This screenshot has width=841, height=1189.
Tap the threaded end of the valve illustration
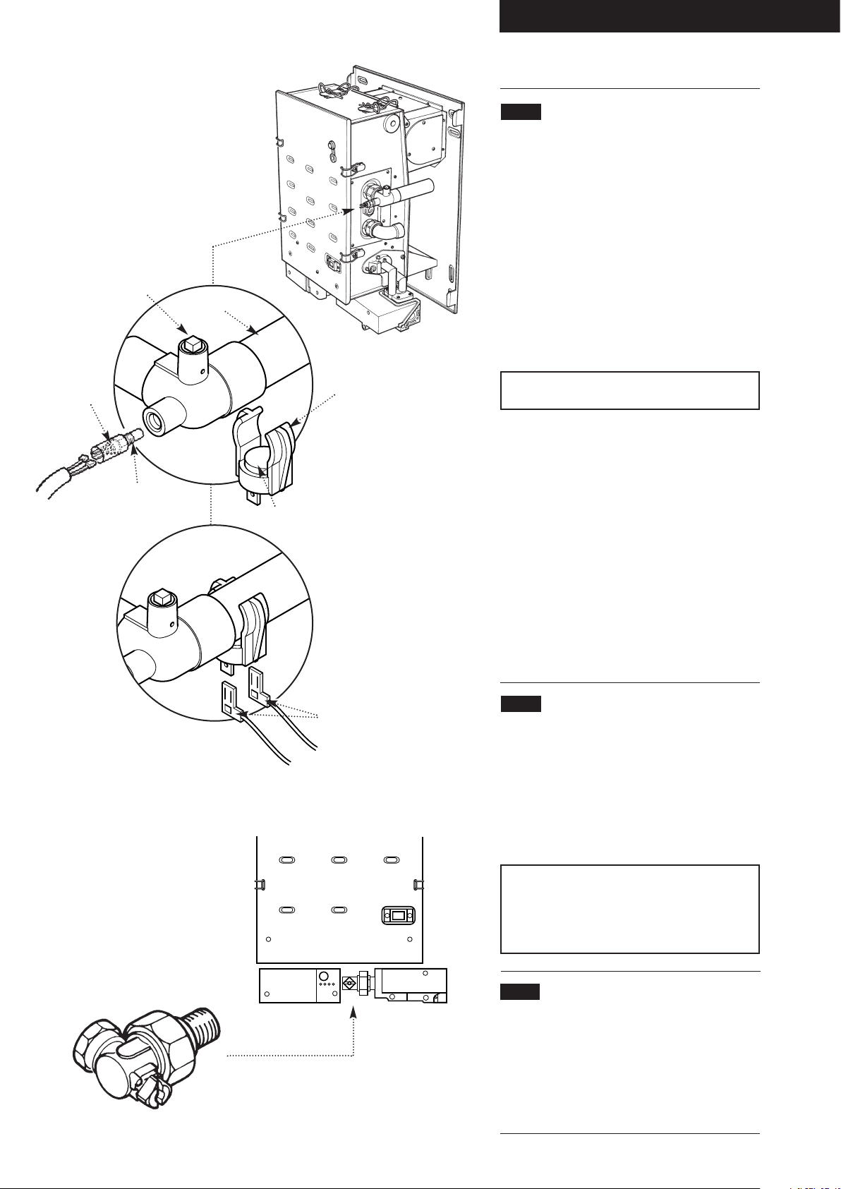pos(205,1025)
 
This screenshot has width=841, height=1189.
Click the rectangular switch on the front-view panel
pos(399,916)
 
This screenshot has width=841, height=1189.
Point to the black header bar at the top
pos(670,16)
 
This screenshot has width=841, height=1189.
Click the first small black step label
pos(521,111)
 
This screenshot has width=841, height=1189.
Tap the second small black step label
pos(521,704)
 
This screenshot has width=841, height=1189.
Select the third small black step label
pos(521,991)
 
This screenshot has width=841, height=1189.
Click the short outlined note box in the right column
pos(629,390)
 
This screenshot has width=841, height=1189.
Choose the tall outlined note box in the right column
pos(629,909)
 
